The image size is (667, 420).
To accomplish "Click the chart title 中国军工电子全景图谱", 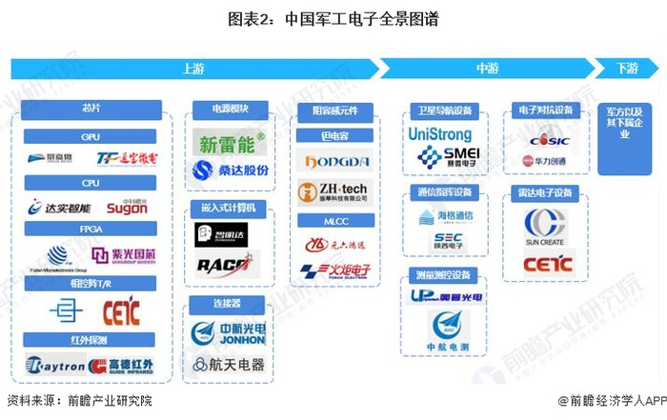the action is pyautogui.click(x=333, y=19).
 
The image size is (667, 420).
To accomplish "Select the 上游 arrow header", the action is pyautogui.click(x=191, y=69).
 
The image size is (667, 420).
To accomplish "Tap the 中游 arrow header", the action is pyautogui.click(x=486, y=69).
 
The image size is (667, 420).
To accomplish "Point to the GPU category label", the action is pyautogui.click(x=91, y=137).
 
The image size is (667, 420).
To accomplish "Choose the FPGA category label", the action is pyautogui.click(x=91, y=229).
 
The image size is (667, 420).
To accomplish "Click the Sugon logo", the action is pyautogui.click(x=127, y=207).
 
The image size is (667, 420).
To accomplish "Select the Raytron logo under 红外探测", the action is pyautogui.click(x=53, y=365).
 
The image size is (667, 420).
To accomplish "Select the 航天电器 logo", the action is pyautogui.click(x=229, y=364).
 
